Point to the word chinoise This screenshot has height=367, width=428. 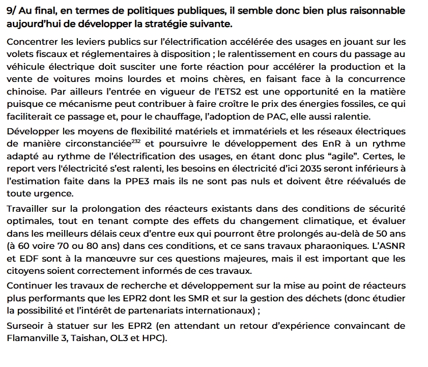pos(26,91)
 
